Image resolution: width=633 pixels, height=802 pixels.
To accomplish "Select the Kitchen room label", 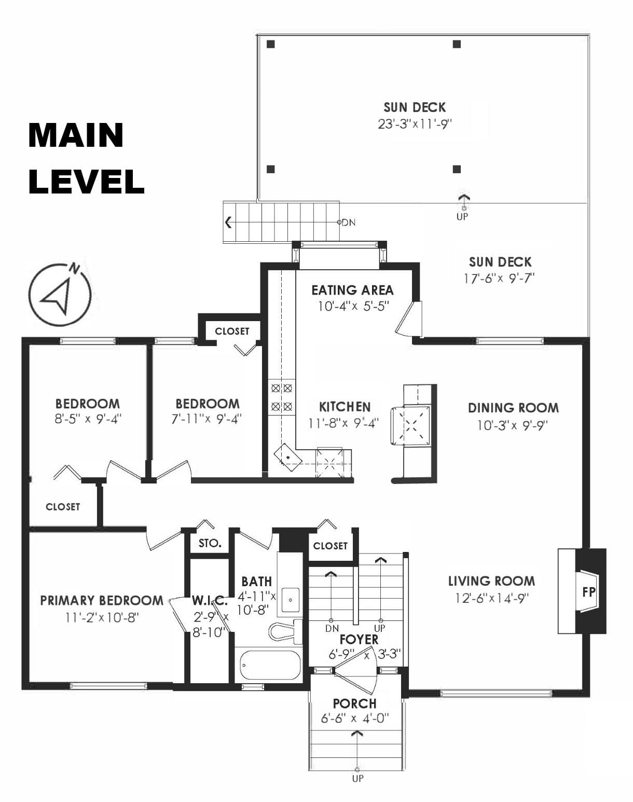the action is pyautogui.click(x=345, y=407).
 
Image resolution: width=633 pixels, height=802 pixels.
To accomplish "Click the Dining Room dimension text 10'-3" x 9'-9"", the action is pyautogui.click(x=513, y=425).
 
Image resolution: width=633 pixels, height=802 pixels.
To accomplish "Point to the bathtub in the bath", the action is pyautogui.click(x=270, y=665).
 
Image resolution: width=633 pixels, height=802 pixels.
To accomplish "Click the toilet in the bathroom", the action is pyautogui.click(x=285, y=631).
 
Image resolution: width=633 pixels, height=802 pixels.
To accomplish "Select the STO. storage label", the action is pyautogui.click(x=210, y=543).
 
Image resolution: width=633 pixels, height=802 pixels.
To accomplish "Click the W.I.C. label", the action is pyautogui.click(x=210, y=600).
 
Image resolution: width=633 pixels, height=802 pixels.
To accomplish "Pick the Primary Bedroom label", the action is pyautogui.click(x=102, y=600).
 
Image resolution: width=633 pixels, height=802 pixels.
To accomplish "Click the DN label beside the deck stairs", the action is pyautogui.click(x=349, y=223).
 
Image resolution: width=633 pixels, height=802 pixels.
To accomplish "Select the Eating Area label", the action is pyautogui.click(x=352, y=291).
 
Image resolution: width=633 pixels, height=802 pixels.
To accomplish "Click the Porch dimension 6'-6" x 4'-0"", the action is pyautogui.click(x=355, y=725).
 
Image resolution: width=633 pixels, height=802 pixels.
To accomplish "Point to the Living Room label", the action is pyautogui.click(x=491, y=581).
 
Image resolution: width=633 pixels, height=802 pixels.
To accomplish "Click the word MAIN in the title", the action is pyautogui.click(x=76, y=135).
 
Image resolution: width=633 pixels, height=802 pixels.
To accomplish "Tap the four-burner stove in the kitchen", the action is pyautogui.click(x=281, y=397).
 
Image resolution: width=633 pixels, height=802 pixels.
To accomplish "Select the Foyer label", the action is pyautogui.click(x=359, y=640).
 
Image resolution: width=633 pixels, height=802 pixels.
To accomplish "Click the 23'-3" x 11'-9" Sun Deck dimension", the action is pyautogui.click(x=415, y=124).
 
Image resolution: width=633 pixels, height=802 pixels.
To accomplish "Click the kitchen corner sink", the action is pyautogui.click(x=287, y=457).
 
